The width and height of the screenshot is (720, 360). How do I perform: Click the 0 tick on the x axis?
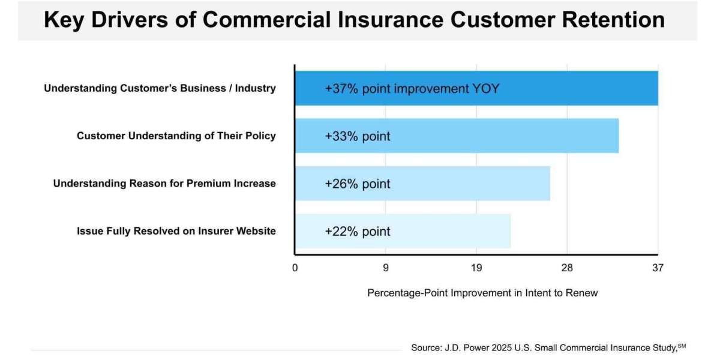pyautogui.click(x=295, y=268)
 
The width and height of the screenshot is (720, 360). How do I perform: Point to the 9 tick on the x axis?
pyautogui.click(x=386, y=268)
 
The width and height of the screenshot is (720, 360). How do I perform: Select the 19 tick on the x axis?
pyautogui.click(x=476, y=268)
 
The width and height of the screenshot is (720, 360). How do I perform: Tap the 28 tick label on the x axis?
pyautogui.click(x=567, y=268)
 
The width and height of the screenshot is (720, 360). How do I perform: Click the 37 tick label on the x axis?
pyautogui.click(x=658, y=268)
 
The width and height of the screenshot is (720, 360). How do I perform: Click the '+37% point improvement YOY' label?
pyautogui.click(x=412, y=89)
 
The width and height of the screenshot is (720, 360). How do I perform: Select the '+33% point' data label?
pyautogui.click(x=358, y=136)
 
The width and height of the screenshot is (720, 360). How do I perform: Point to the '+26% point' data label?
pyautogui.click(x=358, y=184)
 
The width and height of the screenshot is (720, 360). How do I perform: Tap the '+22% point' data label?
pyautogui.click(x=358, y=232)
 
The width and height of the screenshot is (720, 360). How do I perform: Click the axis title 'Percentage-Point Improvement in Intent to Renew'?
pyautogui.click(x=482, y=293)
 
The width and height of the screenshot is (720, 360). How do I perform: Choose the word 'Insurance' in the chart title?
pyautogui.click(x=385, y=20)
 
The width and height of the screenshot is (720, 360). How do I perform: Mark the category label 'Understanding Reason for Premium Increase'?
pyautogui.click(x=164, y=184)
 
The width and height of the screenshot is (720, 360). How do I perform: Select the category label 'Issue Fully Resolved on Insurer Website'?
pyautogui.click(x=176, y=231)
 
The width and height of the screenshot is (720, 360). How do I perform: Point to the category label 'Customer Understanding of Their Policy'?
pyautogui.click(x=176, y=136)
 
